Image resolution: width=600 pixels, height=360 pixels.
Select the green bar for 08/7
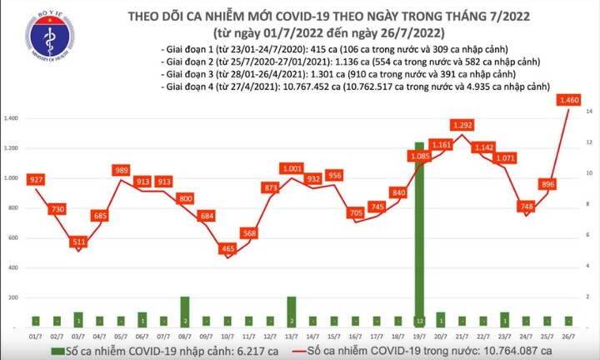click(185, 311)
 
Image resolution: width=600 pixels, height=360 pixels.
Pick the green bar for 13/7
click(292, 311)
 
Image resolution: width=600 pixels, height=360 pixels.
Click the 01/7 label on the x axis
click(37, 335)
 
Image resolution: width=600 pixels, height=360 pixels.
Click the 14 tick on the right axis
click(588, 112)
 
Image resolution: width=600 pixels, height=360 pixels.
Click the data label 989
click(122, 171)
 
